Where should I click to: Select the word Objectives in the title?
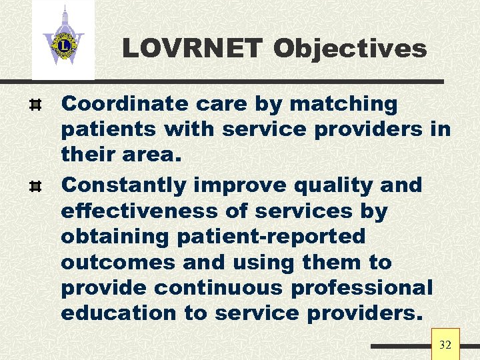click(350, 49)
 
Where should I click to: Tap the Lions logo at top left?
click(63, 40)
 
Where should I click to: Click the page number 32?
click(445, 345)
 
